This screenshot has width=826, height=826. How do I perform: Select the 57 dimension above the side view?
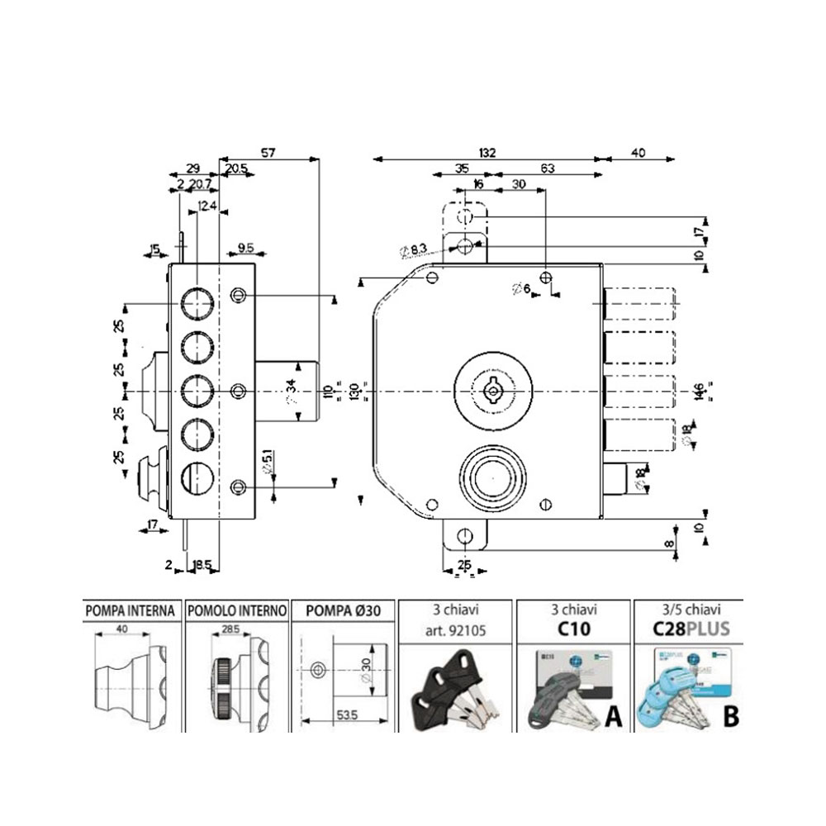pos(268,152)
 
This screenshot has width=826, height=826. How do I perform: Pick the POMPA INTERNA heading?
pos(130,611)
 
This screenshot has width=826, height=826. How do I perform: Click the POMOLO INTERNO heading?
pos(237,611)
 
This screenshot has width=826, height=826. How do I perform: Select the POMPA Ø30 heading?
pos(343,611)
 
